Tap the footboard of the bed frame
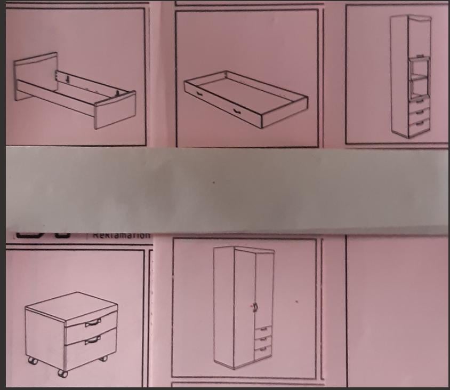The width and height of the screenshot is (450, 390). coord(115,110)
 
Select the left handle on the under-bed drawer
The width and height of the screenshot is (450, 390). coord(199,93)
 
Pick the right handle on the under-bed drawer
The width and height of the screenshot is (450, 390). coord(236,111)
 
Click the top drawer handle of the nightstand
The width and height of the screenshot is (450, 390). coord(93,322)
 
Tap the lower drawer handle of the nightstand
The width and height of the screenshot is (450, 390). coord(93,340)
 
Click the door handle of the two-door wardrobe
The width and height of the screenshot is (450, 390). coord(255,307)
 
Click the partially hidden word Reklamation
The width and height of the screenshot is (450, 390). coord(121,234)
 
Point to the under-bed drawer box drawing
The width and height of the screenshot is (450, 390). coord(245,99)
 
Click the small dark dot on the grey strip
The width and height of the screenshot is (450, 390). coord(214,182)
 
